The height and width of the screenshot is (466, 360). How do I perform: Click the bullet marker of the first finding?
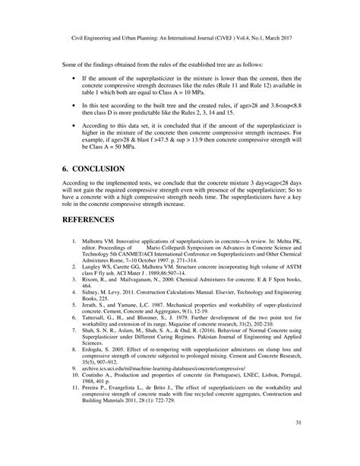pos(73,77)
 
